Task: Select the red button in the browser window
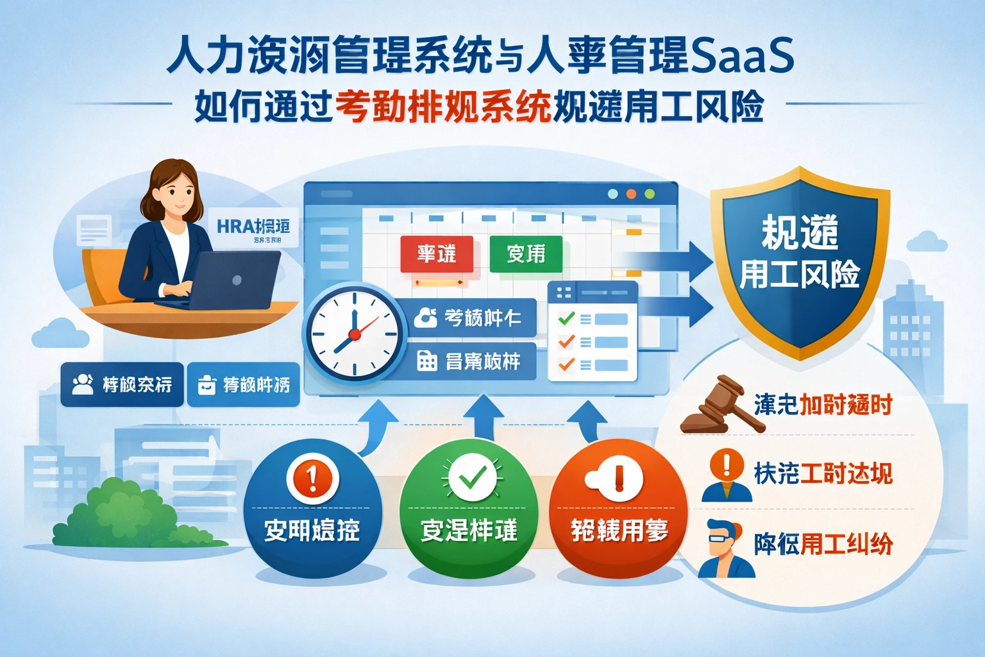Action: coord(437,254)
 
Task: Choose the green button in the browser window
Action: coord(526,254)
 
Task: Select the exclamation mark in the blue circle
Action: coord(313,478)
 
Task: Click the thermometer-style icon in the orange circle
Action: coord(617,478)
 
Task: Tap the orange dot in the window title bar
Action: coord(631,194)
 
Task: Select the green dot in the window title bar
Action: coord(649,194)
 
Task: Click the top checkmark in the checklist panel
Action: coord(566,318)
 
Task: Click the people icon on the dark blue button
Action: coord(82,384)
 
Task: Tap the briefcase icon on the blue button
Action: coord(206,384)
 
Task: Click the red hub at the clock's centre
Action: coord(353,334)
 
